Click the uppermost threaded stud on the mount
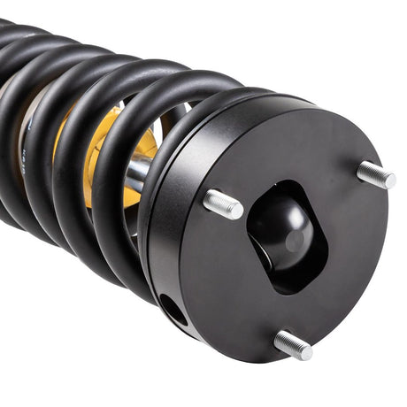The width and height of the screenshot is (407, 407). click(x=376, y=174)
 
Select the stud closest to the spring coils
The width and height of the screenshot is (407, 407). click(x=223, y=204)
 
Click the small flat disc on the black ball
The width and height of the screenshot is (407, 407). click(x=296, y=240)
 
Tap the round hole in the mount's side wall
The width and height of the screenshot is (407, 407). click(x=173, y=310)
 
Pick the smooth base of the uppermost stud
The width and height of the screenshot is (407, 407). click(x=365, y=170)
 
